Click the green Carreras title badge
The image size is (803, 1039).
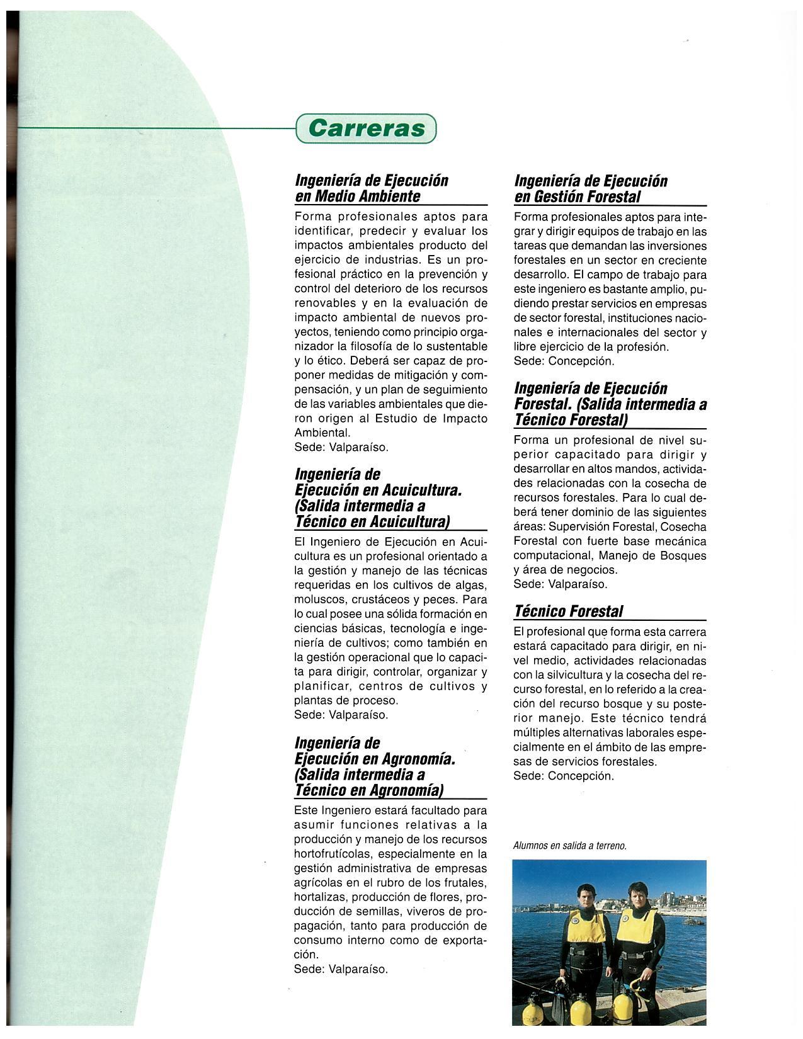366,128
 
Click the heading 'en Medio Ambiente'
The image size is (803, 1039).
357,196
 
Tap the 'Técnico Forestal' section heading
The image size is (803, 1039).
568,611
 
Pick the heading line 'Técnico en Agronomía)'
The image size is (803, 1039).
368,790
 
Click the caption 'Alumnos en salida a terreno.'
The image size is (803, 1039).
570,846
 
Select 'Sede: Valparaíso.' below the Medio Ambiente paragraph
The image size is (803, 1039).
341,448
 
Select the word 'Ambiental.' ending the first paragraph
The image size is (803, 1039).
322,433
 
